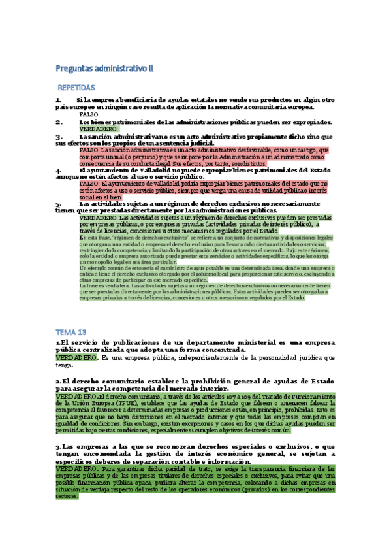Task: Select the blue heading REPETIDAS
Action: coord(95,87)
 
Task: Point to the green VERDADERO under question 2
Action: coord(98,129)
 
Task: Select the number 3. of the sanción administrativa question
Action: coord(59,137)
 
